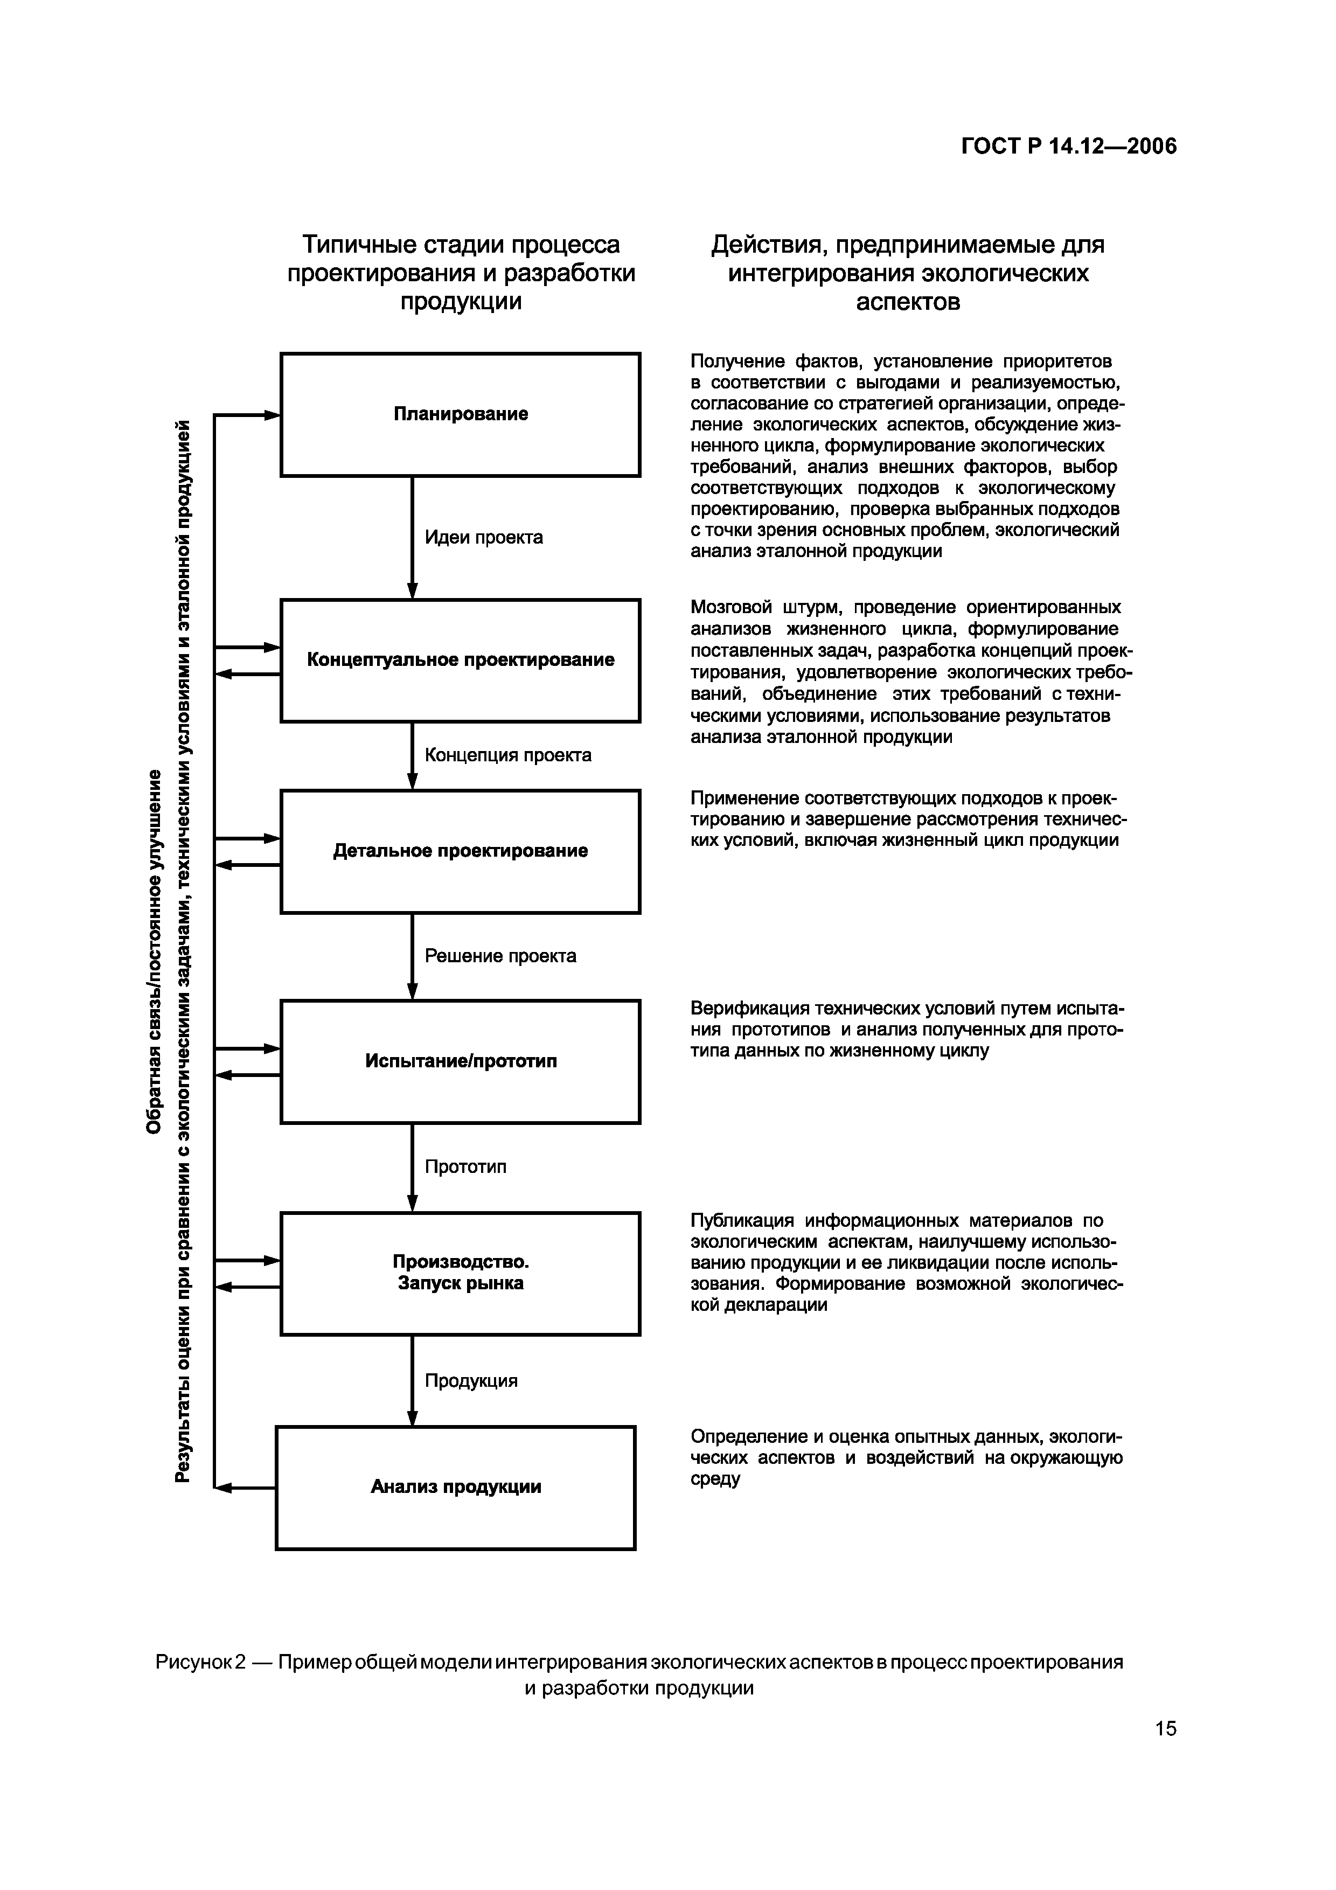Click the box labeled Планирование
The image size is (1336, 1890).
(460, 414)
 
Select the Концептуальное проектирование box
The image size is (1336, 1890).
(460, 660)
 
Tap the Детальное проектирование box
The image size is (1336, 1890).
(460, 851)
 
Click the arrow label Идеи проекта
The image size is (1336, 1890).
(483, 538)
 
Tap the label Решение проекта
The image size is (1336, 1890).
(500, 956)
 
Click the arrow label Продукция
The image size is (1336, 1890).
(471, 1380)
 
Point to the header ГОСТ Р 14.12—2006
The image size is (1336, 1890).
(1068, 147)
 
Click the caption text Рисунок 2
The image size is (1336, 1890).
(200, 1662)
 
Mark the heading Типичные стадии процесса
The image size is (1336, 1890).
(461, 245)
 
